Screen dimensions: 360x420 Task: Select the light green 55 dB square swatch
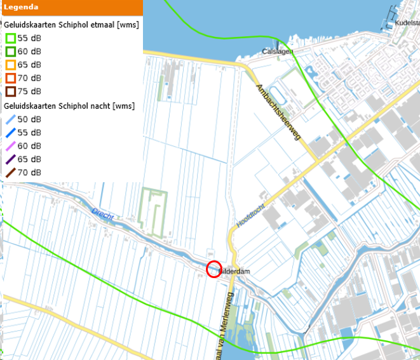tap(11, 38)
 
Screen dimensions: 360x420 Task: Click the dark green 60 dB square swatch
tap(11, 51)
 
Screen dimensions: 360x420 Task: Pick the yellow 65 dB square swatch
tap(11, 65)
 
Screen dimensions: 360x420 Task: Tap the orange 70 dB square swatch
tap(11, 78)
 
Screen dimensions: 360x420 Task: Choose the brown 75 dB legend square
tap(11, 91)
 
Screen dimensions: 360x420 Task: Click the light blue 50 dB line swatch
tap(11, 119)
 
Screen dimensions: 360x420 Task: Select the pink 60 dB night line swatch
tap(11, 146)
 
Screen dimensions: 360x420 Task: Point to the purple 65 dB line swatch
tap(11, 159)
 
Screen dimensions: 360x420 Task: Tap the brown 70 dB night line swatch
tap(11, 173)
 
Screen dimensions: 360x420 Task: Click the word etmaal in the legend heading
tap(105, 25)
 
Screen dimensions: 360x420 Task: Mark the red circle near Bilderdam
tap(214, 269)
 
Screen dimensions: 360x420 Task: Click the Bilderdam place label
tap(234, 272)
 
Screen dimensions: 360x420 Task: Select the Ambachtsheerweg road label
tap(278, 113)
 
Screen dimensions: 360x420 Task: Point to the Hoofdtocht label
tap(249, 215)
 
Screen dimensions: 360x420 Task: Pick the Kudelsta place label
tap(407, 23)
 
